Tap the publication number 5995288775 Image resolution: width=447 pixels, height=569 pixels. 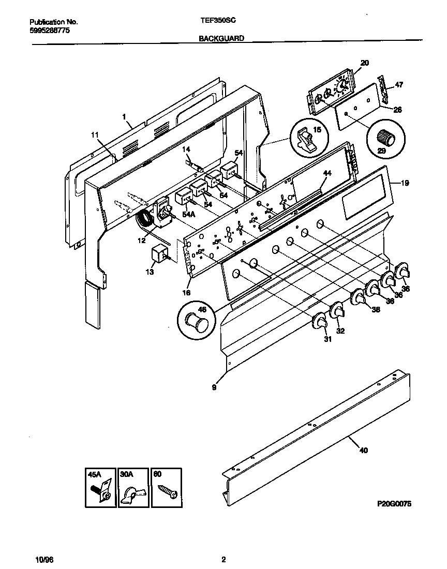click(50, 31)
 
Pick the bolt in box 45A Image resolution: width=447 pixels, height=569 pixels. click(100, 493)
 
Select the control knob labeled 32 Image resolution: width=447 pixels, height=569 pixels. click(337, 311)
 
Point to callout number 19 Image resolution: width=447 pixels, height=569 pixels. click(405, 183)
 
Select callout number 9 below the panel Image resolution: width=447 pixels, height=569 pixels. click(214, 386)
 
